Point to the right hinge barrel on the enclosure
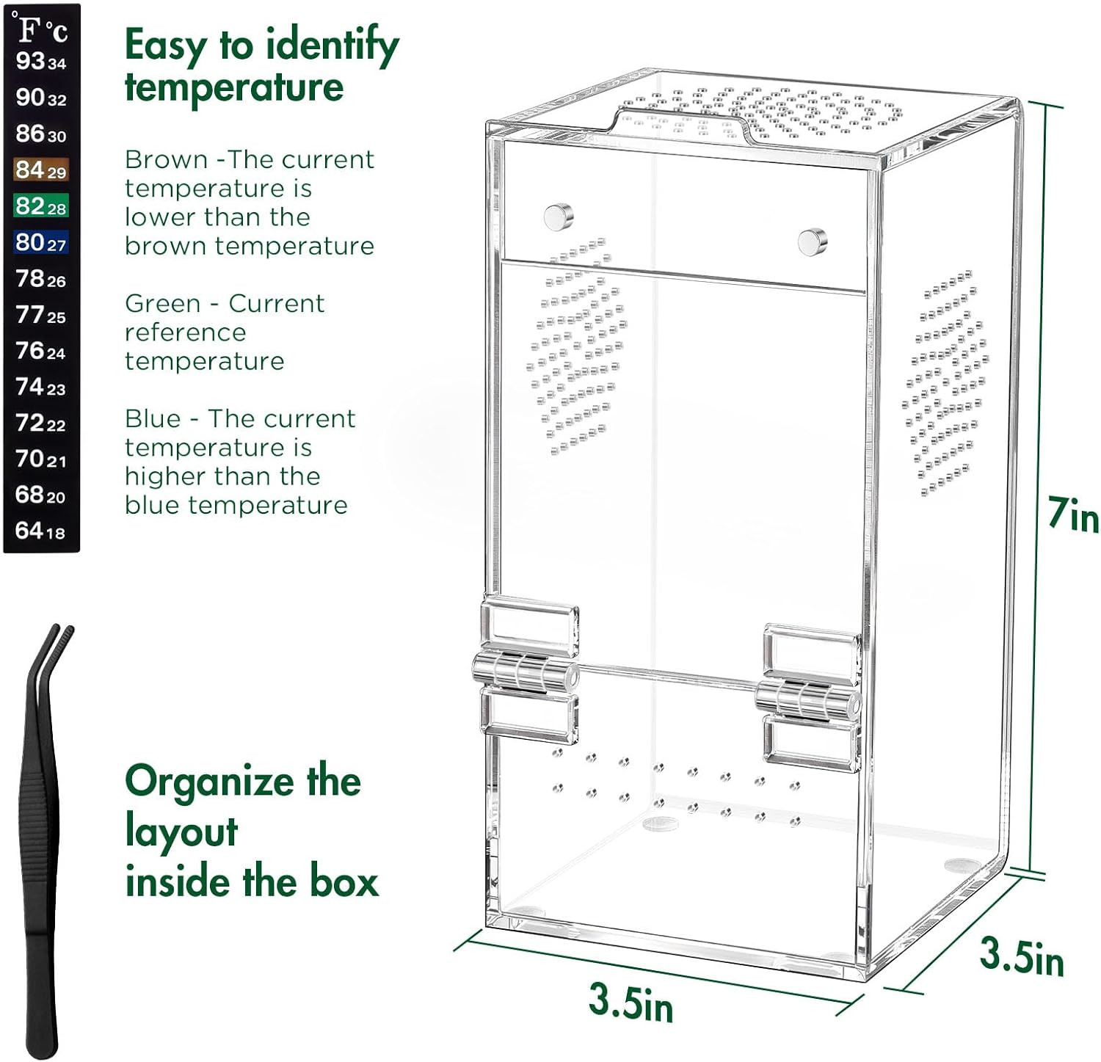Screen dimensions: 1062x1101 (808, 698)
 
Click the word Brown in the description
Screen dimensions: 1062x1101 (167, 159)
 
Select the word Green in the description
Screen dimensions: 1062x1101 (162, 303)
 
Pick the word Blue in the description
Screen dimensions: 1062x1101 (153, 418)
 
